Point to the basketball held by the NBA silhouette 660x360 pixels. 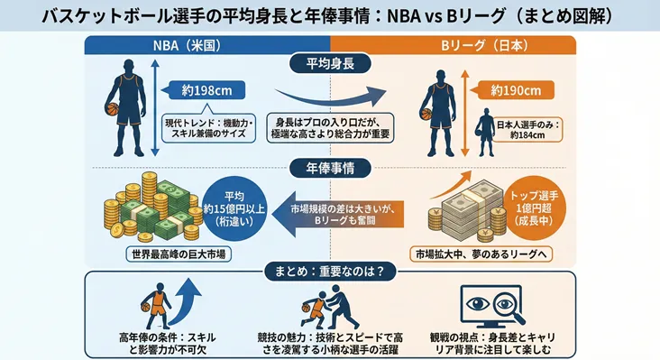pos(113,109)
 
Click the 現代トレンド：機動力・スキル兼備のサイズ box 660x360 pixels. pos(209,128)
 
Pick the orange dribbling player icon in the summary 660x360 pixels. pos(155,305)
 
